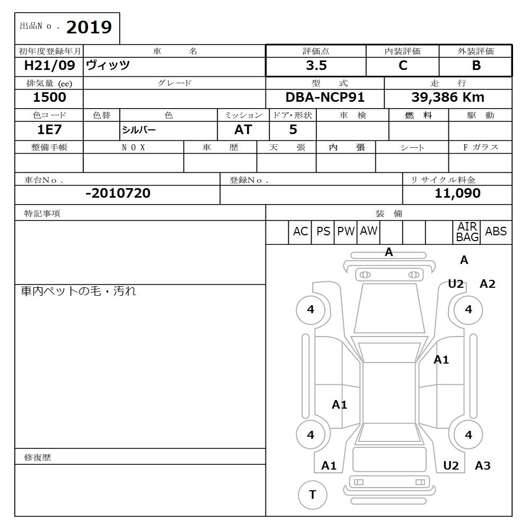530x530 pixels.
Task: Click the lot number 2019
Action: tap(89, 27)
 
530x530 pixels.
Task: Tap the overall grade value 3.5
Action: tap(316, 66)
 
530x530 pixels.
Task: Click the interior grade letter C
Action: tap(403, 66)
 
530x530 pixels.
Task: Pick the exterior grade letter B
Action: tap(476, 66)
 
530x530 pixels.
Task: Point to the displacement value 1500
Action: tap(49, 98)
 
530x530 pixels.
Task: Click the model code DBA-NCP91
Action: tap(325, 98)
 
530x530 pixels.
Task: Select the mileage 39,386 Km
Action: tap(448, 98)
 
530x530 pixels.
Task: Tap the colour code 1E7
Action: tap(49, 130)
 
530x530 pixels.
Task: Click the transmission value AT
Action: tap(243, 130)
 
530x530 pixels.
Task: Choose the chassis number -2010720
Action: tap(118, 193)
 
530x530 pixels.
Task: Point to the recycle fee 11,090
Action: tap(457, 193)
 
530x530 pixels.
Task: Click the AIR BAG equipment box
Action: tap(467, 232)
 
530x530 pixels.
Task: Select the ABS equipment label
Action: tap(496, 232)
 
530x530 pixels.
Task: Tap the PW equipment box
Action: tap(346, 232)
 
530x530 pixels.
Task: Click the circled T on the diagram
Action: tap(312, 495)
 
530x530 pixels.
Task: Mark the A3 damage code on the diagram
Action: tap(482, 466)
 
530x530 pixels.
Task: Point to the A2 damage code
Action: tap(487, 284)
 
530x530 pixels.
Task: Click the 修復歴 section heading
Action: tap(38, 457)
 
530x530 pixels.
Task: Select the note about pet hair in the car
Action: tap(78, 291)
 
